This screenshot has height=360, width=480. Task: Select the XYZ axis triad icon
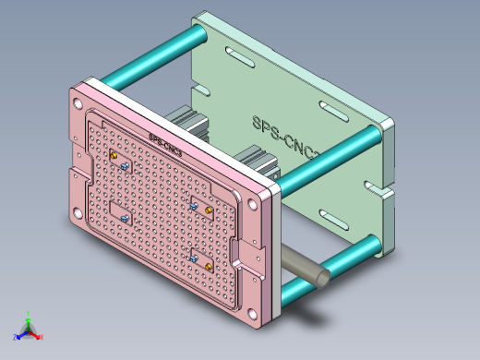point(28,327)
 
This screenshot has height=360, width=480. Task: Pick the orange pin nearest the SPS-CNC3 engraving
point(114,156)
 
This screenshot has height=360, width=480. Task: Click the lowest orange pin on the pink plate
point(209,267)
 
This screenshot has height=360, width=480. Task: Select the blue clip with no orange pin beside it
point(124,218)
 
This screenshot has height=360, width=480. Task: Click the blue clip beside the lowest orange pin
point(194,259)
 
